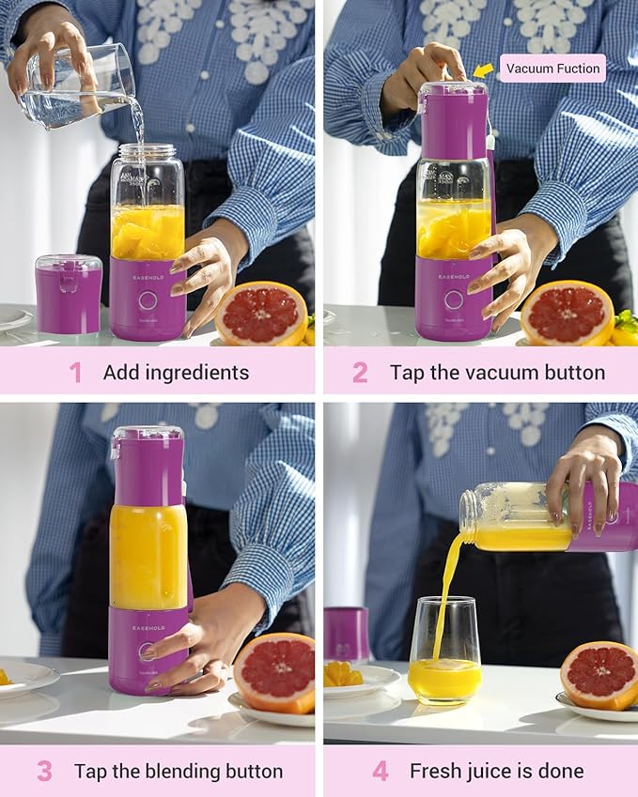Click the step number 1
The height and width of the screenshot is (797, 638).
pyautogui.click(x=75, y=373)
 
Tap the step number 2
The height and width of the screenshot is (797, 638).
pyautogui.click(x=360, y=373)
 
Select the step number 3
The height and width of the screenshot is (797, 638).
pyautogui.click(x=44, y=772)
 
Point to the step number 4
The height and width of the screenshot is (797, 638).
pyautogui.click(x=380, y=772)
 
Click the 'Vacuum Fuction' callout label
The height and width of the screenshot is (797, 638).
pyautogui.click(x=552, y=69)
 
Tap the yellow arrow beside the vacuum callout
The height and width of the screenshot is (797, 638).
pyautogui.click(x=483, y=69)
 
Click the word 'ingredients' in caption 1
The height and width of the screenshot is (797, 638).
pyautogui.click(x=196, y=373)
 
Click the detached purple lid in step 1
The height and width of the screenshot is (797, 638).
pyautogui.click(x=68, y=293)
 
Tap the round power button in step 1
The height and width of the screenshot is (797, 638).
pyautogui.click(x=148, y=301)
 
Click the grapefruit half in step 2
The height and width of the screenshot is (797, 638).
pyautogui.click(x=567, y=313)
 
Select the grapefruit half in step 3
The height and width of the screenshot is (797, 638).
pyautogui.click(x=274, y=671)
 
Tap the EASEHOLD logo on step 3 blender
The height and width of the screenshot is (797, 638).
pyautogui.click(x=148, y=627)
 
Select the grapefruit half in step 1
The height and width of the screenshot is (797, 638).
pyautogui.click(x=261, y=314)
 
